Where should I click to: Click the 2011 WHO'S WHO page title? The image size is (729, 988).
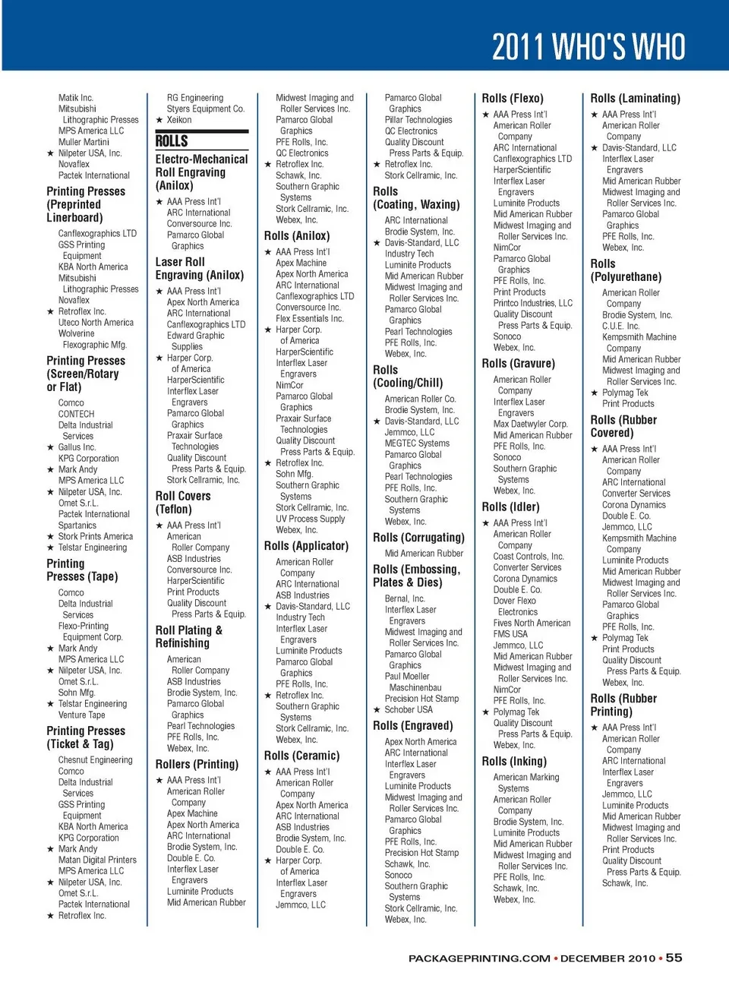(589, 46)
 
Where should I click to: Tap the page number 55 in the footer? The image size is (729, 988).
(674, 958)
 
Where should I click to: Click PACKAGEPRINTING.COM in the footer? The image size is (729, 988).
(479, 958)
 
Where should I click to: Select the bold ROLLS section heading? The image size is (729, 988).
(172, 141)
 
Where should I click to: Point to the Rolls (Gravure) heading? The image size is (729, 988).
(518, 364)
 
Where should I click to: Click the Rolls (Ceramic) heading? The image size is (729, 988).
(301, 756)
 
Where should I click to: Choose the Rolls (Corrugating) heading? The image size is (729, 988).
(418, 538)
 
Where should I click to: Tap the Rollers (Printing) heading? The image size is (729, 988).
(197, 764)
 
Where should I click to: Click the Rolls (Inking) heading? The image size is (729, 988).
(514, 761)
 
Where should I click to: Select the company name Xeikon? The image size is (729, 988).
(179, 120)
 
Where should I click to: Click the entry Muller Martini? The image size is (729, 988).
(84, 142)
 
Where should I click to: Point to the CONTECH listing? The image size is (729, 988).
(76, 414)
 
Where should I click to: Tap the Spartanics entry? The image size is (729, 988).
(77, 525)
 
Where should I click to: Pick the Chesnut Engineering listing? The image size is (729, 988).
(95, 759)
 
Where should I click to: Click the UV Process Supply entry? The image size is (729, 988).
(310, 519)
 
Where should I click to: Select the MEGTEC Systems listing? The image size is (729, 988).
(417, 443)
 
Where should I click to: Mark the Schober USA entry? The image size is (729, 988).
(408, 709)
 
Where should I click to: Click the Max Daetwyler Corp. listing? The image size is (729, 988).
(530, 424)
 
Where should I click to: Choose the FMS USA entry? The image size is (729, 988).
(510, 634)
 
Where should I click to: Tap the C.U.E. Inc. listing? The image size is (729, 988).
(620, 326)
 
